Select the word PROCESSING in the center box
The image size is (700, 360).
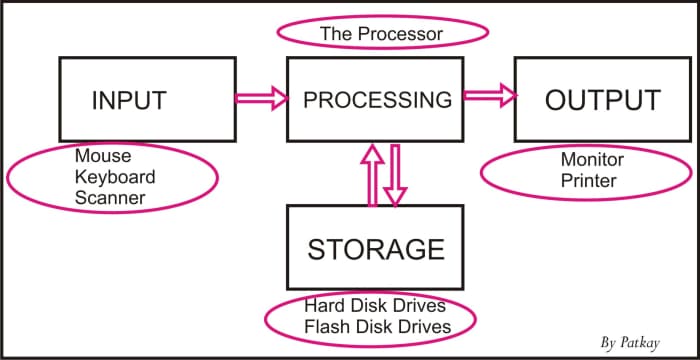377,100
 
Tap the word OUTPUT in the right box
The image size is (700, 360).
602,100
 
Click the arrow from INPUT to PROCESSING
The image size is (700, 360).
260,98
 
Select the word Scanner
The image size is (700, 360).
109,198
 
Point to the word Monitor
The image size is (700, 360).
591,160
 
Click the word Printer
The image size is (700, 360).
588,181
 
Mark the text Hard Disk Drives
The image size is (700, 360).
376,306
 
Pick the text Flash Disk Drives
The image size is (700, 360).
376,327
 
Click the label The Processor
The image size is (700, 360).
380,34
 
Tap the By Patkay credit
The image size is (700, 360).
637,342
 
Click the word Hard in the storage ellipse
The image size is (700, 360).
323,306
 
